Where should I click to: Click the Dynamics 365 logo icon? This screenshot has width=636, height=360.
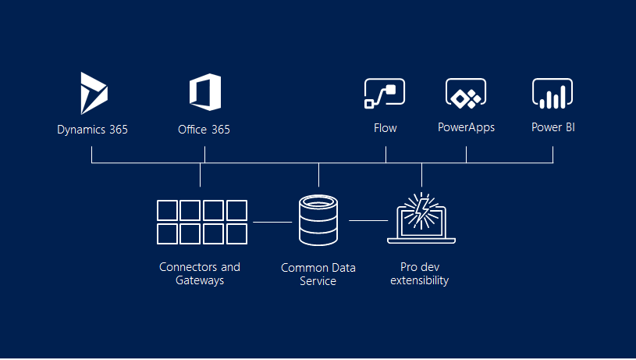94,93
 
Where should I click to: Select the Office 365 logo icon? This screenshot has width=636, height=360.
204,93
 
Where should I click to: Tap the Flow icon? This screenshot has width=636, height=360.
385,93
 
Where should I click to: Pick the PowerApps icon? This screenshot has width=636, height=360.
466,93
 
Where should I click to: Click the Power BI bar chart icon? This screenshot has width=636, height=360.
553,93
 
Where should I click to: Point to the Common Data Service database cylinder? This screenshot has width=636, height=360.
318,220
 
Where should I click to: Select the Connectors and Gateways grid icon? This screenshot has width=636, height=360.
201,222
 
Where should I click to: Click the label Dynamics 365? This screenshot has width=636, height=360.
92,130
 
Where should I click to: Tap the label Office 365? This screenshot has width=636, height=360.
204,130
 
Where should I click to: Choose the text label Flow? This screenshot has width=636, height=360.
385,128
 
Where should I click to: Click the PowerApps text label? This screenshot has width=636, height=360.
466,127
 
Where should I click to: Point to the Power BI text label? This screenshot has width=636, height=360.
553,127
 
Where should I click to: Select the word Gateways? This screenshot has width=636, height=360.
200,280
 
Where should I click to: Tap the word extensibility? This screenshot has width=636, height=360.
420,280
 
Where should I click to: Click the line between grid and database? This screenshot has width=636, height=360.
272,222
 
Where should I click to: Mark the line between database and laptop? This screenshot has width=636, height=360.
368,221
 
